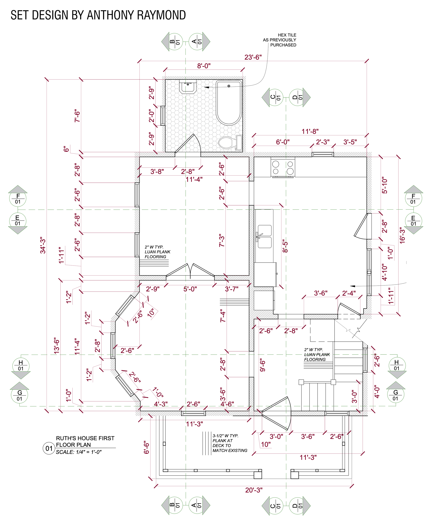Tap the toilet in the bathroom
[x=230, y=143]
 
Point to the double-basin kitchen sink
[x=264, y=236]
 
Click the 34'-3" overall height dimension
[x=43, y=245]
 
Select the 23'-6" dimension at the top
[x=253, y=57]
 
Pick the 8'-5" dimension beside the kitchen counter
[x=285, y=246]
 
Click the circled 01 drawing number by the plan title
[x=49, y=448]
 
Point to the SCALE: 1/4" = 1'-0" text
[x=79, y=452]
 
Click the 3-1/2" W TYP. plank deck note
[x=230, y=443]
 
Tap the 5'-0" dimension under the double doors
[x=190, y=289]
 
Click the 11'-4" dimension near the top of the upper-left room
[x=194, y=179]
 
